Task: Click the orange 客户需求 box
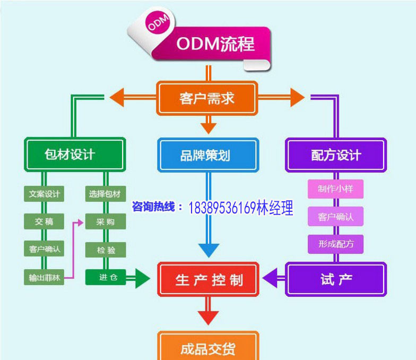(207, 98)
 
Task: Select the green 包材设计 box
(74, 155)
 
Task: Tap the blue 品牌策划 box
(208, 155)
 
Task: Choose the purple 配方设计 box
(335, 155)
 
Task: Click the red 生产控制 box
(209, 279)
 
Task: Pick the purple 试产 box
(336, 279)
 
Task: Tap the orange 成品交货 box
(208, 349)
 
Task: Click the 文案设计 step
(44, 194)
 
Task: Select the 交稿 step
(44, 221)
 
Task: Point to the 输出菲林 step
(44, 277)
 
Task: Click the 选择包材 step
(106, 194)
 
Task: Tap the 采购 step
(106, 221)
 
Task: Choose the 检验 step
(106, 249)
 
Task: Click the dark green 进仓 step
(106, 277)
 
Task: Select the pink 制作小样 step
(335, 189)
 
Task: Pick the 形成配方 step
(335, 244)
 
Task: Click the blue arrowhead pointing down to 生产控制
(209, 250)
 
